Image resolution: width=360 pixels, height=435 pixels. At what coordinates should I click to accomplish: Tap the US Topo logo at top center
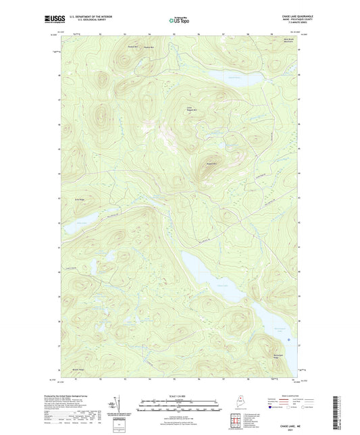tap(179, 21)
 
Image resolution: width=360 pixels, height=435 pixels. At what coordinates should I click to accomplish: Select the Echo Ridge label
tap(78, 200)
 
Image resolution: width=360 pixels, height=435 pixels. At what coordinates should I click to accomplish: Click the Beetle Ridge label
tap(77, 369)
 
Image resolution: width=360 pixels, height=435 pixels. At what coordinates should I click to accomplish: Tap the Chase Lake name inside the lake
tap(203, 286)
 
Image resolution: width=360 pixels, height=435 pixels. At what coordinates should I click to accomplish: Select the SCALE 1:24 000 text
tap(179, 395)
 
